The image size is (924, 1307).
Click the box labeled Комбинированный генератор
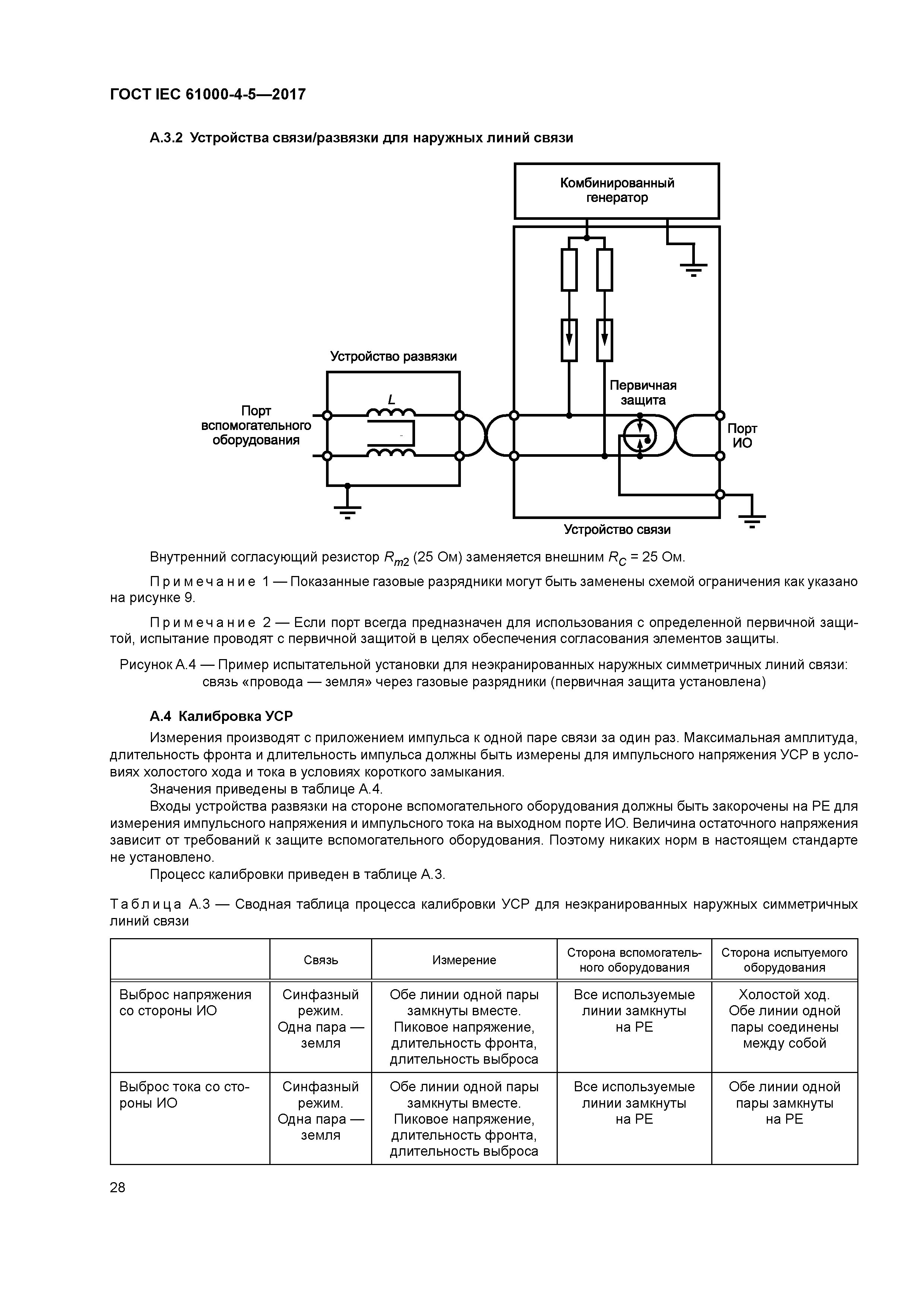[617, 191]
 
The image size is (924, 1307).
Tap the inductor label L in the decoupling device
[391, 400]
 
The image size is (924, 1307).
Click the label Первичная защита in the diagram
[643, 393]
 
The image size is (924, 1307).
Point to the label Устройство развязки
[393, 356]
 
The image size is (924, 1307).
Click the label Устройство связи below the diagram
[617, 529]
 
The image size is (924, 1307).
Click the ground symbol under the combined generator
[693, 268]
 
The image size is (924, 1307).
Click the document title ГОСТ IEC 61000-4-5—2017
[208, 94]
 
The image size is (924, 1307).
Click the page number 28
[118, 1187]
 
